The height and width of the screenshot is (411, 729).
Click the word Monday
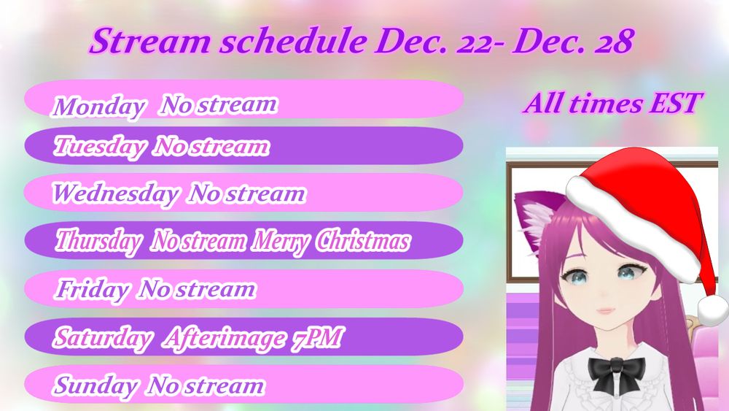[98, 107]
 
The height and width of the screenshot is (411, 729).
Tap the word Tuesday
[99, 147]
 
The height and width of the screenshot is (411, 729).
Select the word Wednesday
[115, 193]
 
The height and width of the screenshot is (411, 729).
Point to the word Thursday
[98, 242]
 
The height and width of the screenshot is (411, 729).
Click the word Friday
[92, 290]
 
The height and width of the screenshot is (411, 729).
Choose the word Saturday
[103, 338]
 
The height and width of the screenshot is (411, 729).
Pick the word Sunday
[95, 386]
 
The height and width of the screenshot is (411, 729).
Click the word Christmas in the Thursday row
[363, 241]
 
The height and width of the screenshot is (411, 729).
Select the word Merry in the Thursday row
[281, 242]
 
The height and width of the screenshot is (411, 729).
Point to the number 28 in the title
[615, 42]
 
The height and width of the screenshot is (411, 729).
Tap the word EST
[676, 103]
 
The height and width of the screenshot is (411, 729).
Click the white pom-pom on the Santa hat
[713, 310]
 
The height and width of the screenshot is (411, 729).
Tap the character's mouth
[607, 310]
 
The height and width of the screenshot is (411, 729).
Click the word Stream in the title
[151, 41]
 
